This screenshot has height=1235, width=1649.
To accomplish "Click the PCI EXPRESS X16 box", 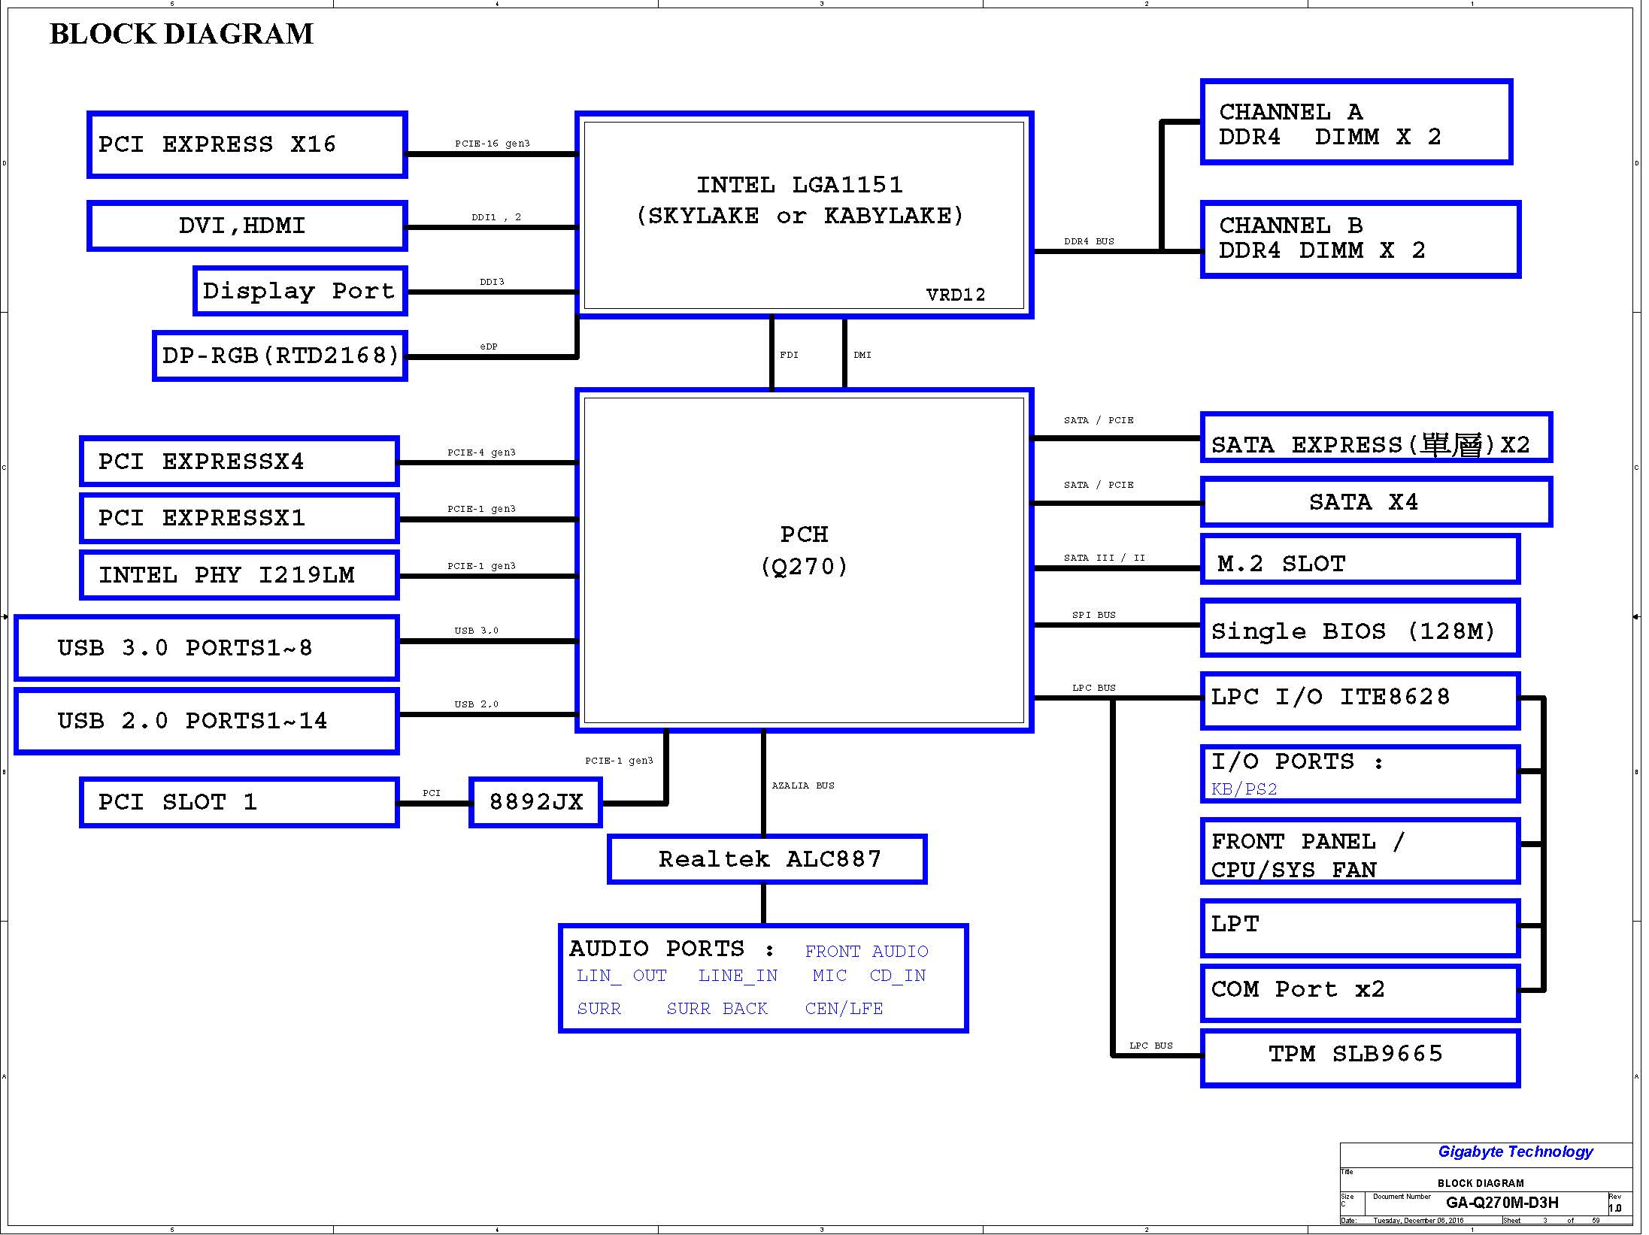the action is point(247,145).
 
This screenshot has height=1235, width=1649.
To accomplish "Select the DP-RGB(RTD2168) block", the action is point(280,356).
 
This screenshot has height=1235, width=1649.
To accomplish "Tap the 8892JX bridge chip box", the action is point(535,803).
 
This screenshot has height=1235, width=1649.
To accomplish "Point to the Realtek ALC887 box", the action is point(767,859).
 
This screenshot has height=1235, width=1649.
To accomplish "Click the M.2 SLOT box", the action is point(1360,559).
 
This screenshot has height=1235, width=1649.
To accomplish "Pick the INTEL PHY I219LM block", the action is point(239,575).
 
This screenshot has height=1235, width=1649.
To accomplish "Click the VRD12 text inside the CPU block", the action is point(956,295).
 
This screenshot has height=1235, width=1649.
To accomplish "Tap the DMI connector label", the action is point(862,355).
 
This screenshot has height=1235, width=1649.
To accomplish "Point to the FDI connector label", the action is point(789,355).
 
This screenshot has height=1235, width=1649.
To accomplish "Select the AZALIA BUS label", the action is point(803,785).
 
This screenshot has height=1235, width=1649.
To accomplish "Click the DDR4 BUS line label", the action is point(1089,241).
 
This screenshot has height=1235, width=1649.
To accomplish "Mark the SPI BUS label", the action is point(1094,615).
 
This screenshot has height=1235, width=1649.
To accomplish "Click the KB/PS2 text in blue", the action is point(1244,789).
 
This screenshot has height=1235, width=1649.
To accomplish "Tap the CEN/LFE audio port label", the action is point(844,1008).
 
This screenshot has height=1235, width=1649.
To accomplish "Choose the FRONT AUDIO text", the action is point(866,951).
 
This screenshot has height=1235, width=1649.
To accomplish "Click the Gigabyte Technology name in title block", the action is point(1515,1152).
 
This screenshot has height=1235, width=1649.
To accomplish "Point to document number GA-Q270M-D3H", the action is point(1502,1203).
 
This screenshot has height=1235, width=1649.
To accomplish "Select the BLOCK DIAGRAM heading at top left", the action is point(181,34).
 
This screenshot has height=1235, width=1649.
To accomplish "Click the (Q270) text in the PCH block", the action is point(804,566).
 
